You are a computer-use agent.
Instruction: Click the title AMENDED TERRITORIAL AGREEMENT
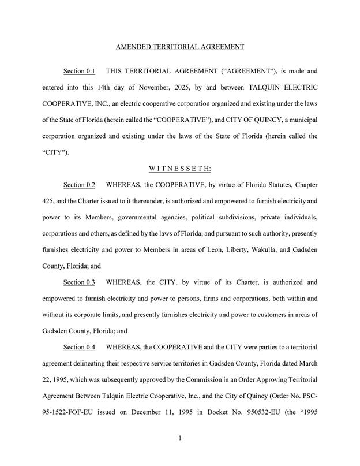click(x=180, y=46)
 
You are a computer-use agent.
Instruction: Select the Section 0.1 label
click(x=79, y=72)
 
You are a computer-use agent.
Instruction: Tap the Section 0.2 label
click(x=79, y=185)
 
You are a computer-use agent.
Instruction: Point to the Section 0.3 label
click(x=79, y=283)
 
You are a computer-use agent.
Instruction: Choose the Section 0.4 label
click(x=79, y=348)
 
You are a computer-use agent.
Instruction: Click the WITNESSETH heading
click(x=180, y=169)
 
